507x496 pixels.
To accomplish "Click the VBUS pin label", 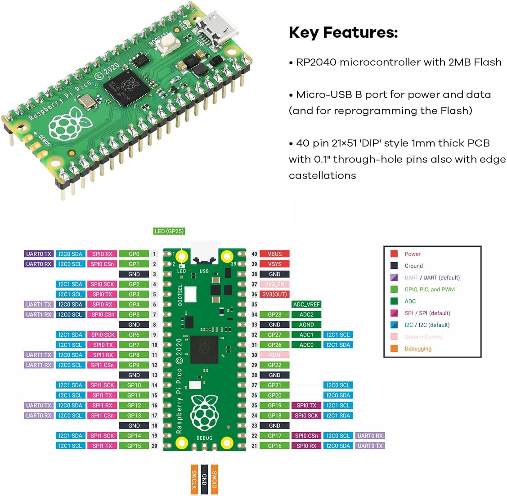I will point(274,254).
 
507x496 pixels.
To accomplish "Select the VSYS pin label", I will point(274,264).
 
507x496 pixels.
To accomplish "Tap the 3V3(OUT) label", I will point(274,295).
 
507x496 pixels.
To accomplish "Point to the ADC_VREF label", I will point(306,304).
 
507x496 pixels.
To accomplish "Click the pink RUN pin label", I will point(274,355).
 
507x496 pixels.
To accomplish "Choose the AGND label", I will point(306,325).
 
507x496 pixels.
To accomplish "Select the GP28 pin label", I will point(274,315).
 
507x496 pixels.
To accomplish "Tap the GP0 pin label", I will point(134,254).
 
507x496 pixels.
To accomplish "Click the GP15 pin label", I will point(134,446).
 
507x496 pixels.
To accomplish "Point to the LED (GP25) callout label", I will point(169,231).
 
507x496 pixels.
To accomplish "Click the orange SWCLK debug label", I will point(194,479).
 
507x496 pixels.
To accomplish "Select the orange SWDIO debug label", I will point(215,479).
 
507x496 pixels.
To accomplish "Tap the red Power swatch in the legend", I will point(394,254).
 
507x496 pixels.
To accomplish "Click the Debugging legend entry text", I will point(418,349).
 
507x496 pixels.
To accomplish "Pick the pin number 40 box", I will point(254,254).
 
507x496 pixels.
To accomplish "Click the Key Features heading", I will point(343,32).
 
